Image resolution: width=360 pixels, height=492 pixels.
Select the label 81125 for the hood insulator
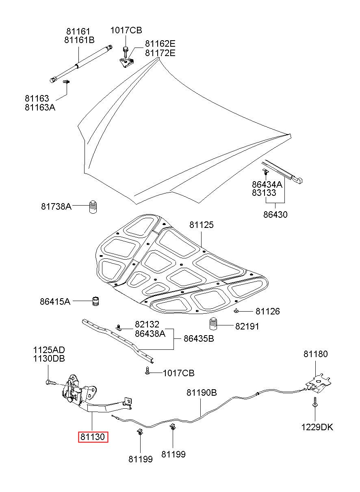(201, 225)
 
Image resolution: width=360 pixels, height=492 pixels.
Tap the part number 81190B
(202, 392)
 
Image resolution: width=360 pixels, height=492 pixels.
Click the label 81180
(315, 354)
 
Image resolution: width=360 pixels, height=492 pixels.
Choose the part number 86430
(275, 215)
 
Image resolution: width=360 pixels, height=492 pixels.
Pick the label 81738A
(56, 206)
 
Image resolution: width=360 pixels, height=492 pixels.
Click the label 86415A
(55, 301)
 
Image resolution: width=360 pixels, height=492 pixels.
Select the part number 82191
(247, 326)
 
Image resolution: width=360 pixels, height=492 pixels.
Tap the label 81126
(267, 311)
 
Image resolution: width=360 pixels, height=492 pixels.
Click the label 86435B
(199, 338)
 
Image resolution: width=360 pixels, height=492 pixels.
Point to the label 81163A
(40, 107)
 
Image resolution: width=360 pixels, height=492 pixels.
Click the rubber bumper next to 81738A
(93, 207)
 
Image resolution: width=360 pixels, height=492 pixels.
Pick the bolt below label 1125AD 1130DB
(50, 382)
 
